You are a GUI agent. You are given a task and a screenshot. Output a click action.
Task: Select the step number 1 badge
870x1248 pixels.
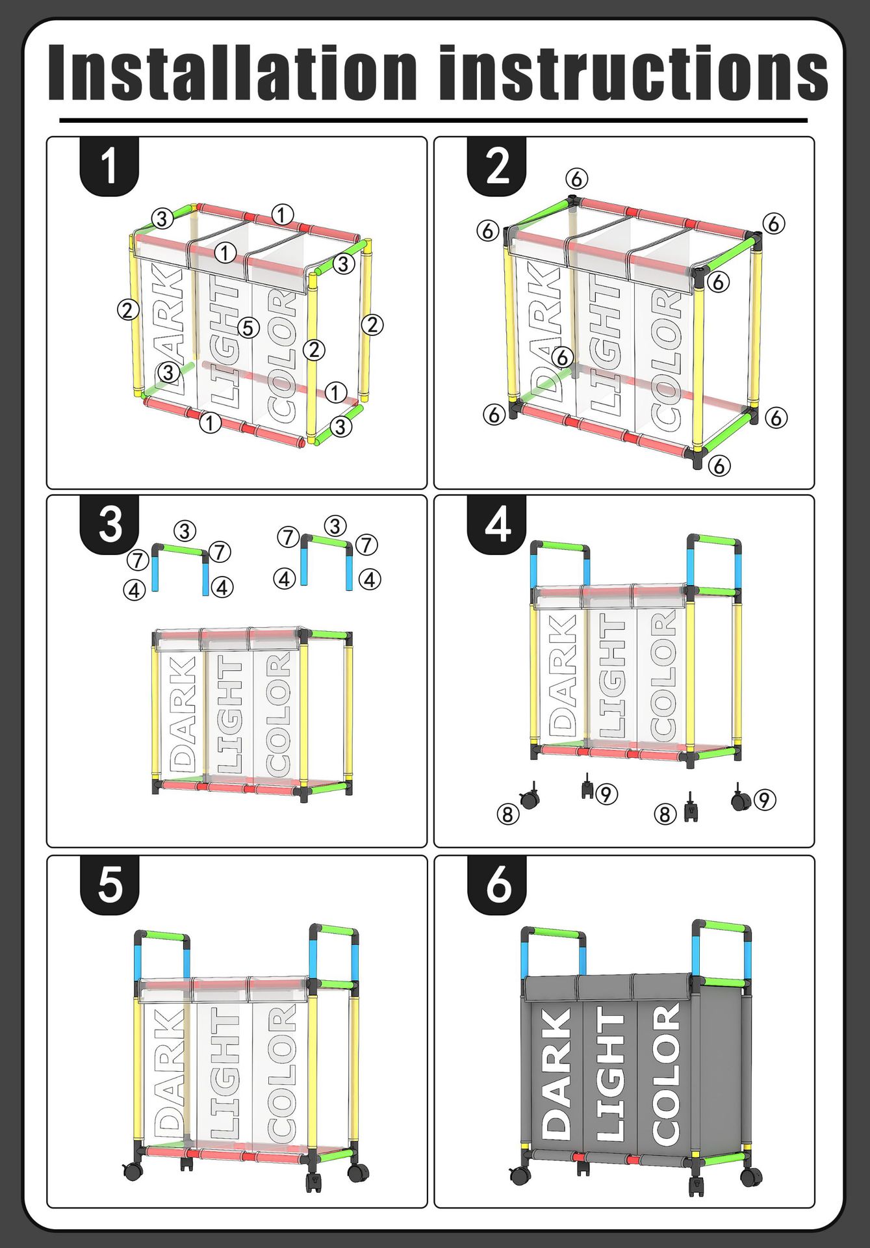click(x=109, y=166)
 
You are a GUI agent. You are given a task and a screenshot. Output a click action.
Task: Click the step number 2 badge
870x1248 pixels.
click(x=497, y=166)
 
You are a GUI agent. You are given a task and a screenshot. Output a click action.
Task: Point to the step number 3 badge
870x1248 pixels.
click(x=109, y=524)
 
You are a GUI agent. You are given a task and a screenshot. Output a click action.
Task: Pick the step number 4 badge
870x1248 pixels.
click(x=497, y=524)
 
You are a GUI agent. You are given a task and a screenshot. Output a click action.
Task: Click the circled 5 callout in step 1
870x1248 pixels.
click(x=248, y=328)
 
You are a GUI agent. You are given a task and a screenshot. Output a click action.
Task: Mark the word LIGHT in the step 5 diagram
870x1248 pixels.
click(x=224, y=1072)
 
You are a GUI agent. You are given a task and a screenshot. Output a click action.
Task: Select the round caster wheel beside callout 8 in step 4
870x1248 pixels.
click(x=530, y=799)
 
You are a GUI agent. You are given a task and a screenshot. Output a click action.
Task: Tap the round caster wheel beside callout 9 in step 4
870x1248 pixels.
click(x=739, y=801)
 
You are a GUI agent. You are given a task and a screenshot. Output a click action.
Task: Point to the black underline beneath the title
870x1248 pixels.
click(x=433, y=120)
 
